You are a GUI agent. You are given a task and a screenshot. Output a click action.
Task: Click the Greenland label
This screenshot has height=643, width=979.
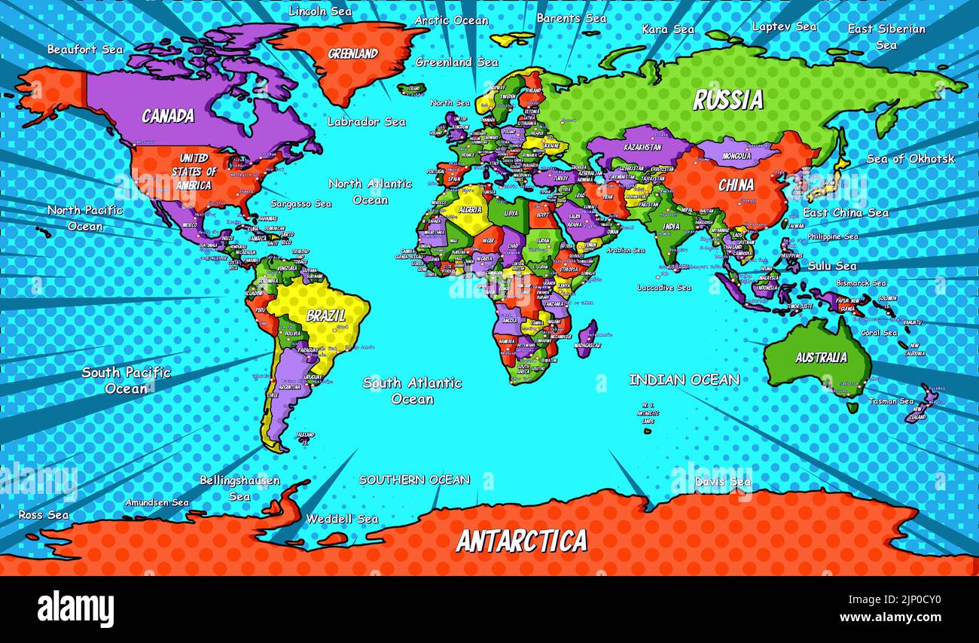tap(352, 54)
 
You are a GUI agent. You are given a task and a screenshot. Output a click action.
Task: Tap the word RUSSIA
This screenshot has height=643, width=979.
tap(727, 100)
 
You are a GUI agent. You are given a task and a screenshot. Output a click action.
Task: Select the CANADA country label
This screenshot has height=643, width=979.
tap(168, 116)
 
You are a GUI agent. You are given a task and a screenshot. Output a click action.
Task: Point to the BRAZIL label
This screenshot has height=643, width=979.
tap(326, 315)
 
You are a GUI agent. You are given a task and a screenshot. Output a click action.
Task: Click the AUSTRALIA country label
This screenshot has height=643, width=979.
tap(821, 358)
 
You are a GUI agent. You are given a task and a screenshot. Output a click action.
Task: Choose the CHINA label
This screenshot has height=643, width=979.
tap(735, 185)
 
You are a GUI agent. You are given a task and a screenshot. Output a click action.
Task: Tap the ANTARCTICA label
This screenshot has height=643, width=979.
tap(521, 541)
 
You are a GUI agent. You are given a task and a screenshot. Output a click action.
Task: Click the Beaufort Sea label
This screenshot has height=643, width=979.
tap(84, 50)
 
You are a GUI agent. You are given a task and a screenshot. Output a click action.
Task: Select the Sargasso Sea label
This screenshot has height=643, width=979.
tap(301, 204)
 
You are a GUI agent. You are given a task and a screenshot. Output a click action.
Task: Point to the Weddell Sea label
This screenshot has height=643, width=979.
tap(342, 519)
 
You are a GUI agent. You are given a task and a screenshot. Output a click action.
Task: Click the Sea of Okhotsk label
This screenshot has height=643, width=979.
tap(910, 159)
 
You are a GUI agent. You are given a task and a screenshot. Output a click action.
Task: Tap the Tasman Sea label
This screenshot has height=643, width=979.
tap(891, 401)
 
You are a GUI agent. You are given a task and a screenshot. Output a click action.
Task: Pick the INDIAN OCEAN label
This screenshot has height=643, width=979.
tap(684, 380)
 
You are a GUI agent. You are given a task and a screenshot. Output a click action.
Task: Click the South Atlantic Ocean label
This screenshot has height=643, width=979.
tap(412, 391)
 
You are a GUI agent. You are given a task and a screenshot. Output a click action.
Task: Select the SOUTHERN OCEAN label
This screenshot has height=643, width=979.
tap(414, 480)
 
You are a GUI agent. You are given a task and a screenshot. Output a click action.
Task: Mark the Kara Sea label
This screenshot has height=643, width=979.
tap(667, 29)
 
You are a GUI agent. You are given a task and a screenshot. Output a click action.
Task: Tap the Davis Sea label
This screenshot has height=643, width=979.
tap(722, 481)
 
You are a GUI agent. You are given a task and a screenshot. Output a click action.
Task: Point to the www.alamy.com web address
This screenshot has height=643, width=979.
tap(891, 618)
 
